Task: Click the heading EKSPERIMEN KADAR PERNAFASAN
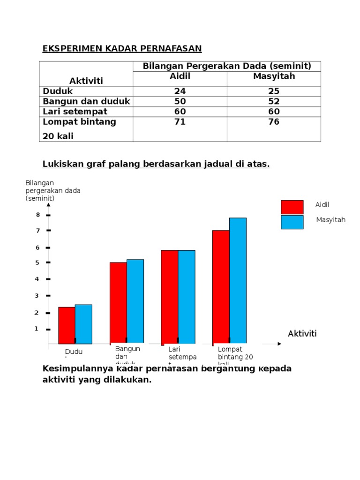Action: pos(122,48)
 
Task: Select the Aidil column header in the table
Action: pos(180,76)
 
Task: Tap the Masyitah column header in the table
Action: pos(274,76)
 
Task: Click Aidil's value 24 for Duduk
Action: pos(180,91)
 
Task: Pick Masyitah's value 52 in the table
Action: pos(274,101)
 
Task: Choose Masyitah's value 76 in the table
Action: pos(274,122)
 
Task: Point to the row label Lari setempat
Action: pos(75,112)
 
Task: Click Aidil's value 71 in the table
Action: pos(180,122)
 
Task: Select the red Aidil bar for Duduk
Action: pos(67,325)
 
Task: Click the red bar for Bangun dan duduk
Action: pos(118,303)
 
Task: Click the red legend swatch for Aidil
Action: pos(292,207)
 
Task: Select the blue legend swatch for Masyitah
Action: pos(292,222)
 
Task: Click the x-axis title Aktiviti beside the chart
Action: pos(302,333)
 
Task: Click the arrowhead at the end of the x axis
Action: pos(279,344)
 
